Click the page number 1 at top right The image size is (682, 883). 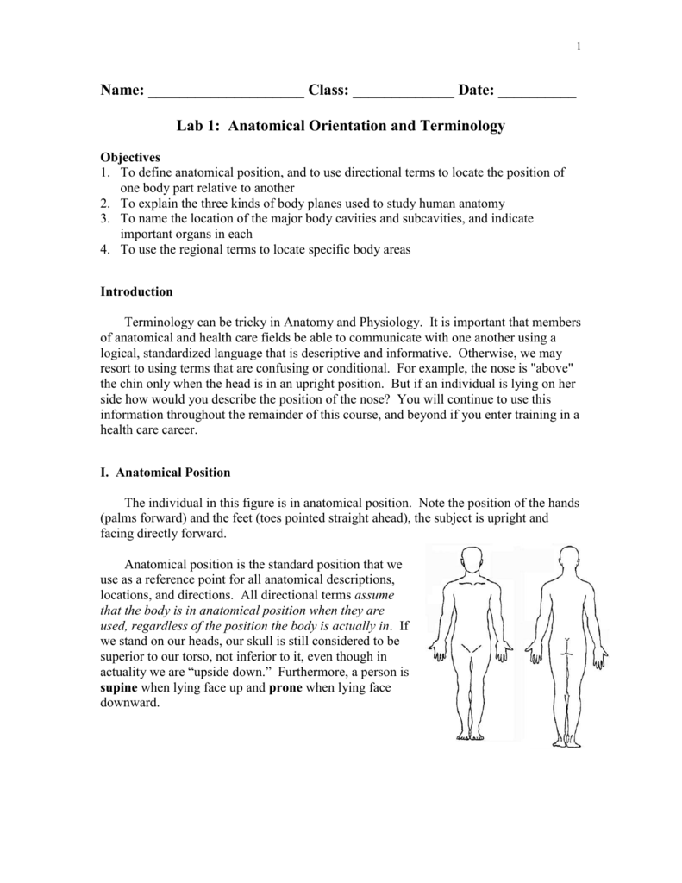click(x=579, y=46)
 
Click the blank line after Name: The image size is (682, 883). click(x=226, y=91)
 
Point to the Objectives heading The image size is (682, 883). click(x=131, y=158)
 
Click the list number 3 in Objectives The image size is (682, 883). click(x=105, y=219)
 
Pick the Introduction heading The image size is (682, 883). click(x=137, y=291)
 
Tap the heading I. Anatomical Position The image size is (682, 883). click(x=166, y=472)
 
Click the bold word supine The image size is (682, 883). click(x=119, y=687)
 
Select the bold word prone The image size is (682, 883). click(x=285, y=687)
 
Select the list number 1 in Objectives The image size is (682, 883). click(x=105, y=172)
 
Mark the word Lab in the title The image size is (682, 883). click(x=191, y=126)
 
